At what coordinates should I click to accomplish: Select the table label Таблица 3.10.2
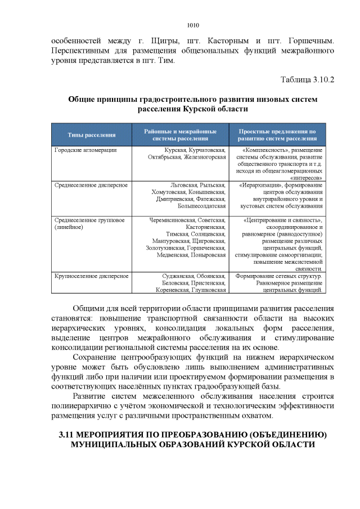point(307,79)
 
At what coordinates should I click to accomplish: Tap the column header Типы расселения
point(92,135)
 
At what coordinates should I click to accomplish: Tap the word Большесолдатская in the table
point(203,206)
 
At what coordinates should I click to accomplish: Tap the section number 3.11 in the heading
point(69,435)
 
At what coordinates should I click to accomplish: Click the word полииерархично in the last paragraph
point(83,406)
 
